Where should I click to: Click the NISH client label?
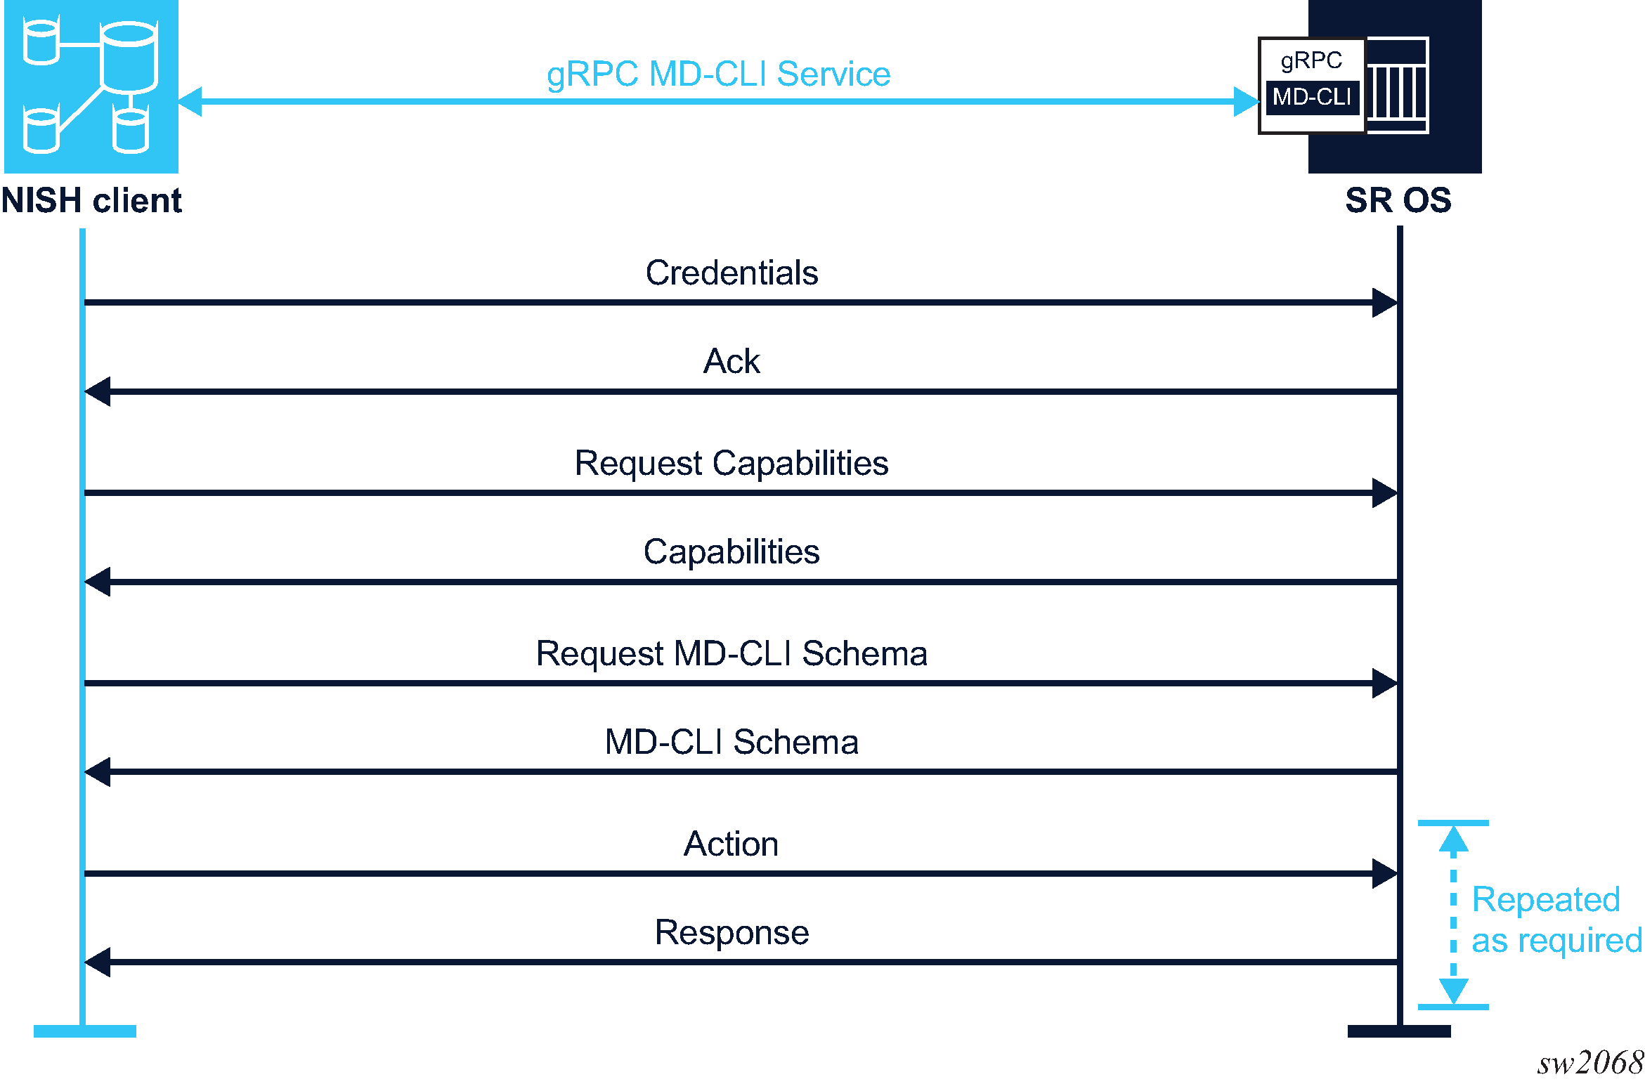point(91,201)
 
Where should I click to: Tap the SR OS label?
point(1398,201)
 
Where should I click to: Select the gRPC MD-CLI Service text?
point(718,74)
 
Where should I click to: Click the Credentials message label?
point(732,273)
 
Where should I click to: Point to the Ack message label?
point(732,361)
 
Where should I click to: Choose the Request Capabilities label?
point(732,464)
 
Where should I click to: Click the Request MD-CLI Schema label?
point(732,653)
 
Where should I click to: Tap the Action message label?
point(732,844)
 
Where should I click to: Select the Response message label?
point(732,933)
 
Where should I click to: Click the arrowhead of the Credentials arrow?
point(1384,303)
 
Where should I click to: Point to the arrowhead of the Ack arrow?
point(98,391)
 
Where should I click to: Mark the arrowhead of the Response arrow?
point(98,962)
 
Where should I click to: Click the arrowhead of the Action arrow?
point(1384,873)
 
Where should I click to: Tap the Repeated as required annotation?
point(1556,920)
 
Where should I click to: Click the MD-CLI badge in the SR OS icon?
point(1312,97)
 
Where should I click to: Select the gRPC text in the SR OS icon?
point(1311,61)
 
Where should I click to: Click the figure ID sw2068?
point(1589,1062)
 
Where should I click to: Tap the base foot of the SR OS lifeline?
point(1399,1031)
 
